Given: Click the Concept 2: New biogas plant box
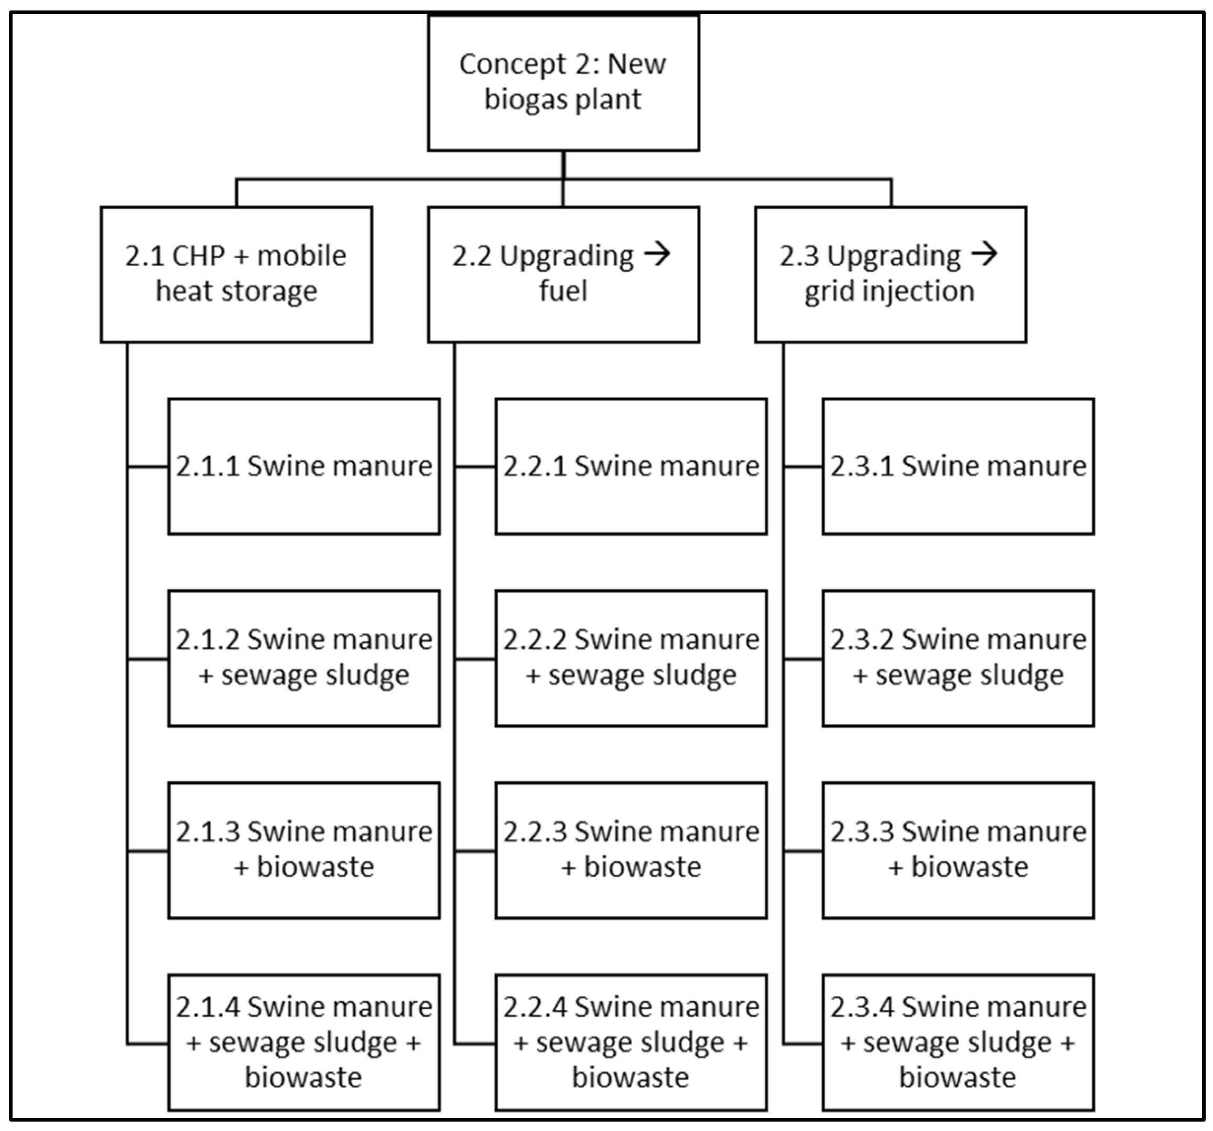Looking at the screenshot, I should [563, 82].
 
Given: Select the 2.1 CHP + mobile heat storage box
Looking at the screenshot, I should [236, 274].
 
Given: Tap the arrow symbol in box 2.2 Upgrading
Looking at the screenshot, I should [657, 253].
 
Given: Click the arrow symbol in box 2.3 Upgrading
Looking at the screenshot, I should [984, 253].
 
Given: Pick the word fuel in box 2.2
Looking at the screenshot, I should [563, 291].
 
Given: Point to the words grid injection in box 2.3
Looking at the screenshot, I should [889, 291].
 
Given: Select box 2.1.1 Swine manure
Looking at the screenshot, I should [303, 467].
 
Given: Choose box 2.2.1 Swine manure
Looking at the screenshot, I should [630, 467].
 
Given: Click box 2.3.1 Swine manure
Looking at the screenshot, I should [958, 467].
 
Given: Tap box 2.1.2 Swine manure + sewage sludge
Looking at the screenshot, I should [303, 658].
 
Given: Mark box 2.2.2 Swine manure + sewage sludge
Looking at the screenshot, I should [630, 658].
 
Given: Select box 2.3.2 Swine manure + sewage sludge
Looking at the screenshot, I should [958, 658].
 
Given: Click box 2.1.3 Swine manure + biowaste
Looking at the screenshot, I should [303, 850].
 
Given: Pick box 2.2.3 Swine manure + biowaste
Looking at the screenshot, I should [630, 850].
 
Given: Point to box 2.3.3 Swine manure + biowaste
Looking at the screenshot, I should [958, 850].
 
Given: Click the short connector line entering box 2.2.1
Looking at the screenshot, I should [475, 467].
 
